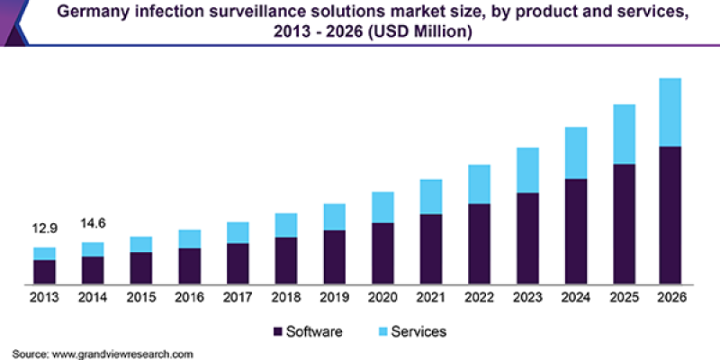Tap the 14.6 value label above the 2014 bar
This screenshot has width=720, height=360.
pyautogui.click(x=93, y=223)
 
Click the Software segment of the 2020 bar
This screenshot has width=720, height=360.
pyautogui.click(x=382, y=254)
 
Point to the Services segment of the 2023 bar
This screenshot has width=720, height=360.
pyautogui.click(x=527, y=170)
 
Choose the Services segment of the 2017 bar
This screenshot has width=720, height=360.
pyautogui.click(x=238, y=232)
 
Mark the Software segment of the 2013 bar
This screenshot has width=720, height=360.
pyautogui.click(x=45, y=272)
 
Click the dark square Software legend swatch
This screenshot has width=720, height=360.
pyautogui.click(x=276, y=331)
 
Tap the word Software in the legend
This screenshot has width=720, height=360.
pyautogui.click(x=314, y=331)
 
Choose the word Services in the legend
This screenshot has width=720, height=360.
pyautogui.click(x=418, y=331)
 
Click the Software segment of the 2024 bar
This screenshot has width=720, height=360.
pyautogui.click(x=576, y=231)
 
